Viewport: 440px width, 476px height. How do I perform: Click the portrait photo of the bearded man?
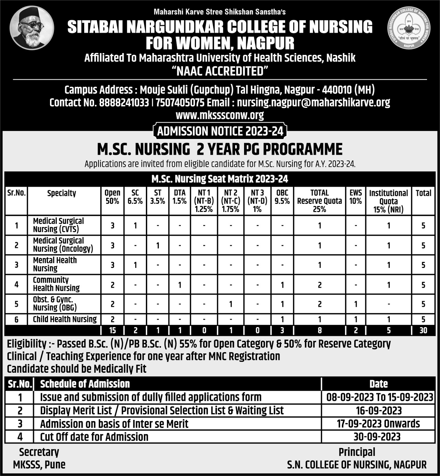coord(32,28)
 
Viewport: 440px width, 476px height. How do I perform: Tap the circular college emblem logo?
coord(409,28)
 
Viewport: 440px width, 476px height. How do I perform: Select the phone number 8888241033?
coord(124,103)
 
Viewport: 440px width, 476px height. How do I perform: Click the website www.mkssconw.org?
coord(220,115)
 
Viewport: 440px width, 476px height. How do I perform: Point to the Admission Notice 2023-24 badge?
coord(220,131)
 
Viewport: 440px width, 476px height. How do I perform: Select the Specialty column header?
coord(61,193)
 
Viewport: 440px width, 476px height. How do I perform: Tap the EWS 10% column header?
coord(356,197)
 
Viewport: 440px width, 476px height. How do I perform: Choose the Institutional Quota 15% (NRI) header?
coord(388,201)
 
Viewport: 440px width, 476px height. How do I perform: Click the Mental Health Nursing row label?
coord(55,264)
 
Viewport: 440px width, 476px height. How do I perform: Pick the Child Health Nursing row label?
coord(65,319)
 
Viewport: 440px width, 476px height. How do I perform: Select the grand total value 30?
coord(423,330)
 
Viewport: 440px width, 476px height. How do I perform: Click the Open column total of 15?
coord(112,330)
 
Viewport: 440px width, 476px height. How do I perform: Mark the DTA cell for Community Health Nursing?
coord(179,285)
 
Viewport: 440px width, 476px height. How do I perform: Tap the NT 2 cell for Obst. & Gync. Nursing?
coord(230,304)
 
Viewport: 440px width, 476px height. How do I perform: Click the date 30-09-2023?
coord(377,437)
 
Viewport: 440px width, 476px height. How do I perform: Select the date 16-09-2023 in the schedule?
coord(379,411)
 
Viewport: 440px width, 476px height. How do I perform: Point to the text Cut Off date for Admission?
coord(94,437)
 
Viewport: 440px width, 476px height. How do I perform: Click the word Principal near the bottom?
coord(357,452)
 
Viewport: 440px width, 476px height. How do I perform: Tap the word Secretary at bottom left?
coord(39,452)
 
